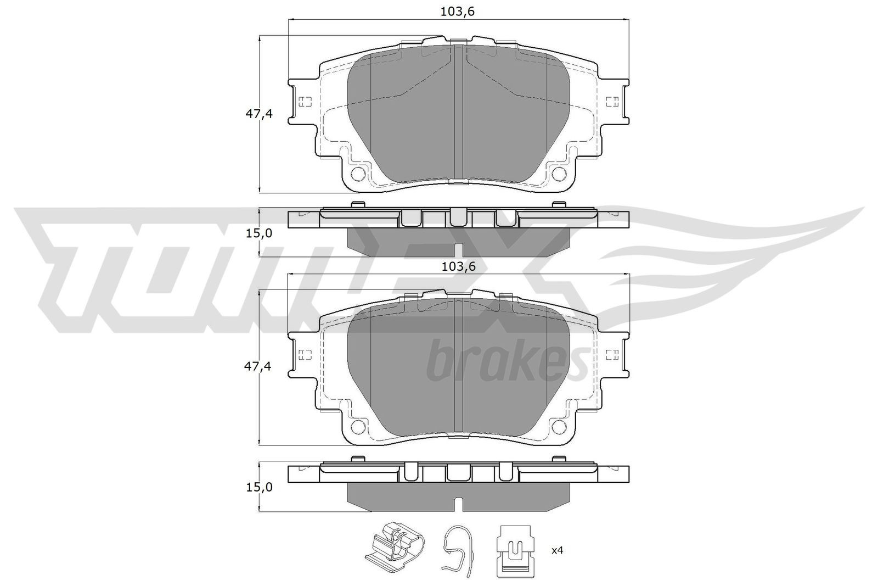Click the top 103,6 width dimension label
click(x=458, y=12)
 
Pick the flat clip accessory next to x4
click(x=515, y=556)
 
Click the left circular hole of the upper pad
click(x=358, y=174)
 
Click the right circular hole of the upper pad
click(x=559, y=174)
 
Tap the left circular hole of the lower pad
click(x=358, y=426)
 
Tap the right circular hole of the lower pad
click(x=559, y=426)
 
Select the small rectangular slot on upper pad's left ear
click(x=305, y=102)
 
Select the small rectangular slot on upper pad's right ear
click(x=612, y=101)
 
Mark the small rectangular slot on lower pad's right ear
click(x=612, y=354)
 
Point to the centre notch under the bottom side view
click(x=459, y=504)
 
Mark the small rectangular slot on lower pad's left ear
click(x=305, y=354)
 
